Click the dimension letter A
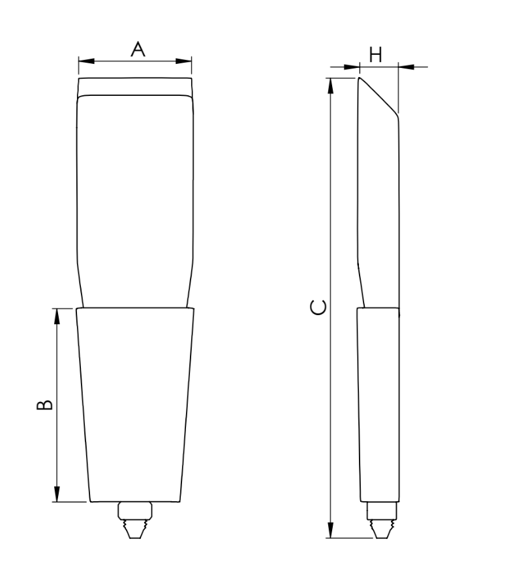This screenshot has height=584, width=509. coord(137,49)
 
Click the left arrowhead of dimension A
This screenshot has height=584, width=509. coord(83,62)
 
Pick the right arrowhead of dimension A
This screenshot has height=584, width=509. coord(187,62)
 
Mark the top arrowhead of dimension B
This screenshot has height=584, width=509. coord(57,313)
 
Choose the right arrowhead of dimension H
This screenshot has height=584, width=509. coord(404,66)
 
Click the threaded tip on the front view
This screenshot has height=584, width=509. coord(134,521)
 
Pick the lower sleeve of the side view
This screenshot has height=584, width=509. coord(378,405)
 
